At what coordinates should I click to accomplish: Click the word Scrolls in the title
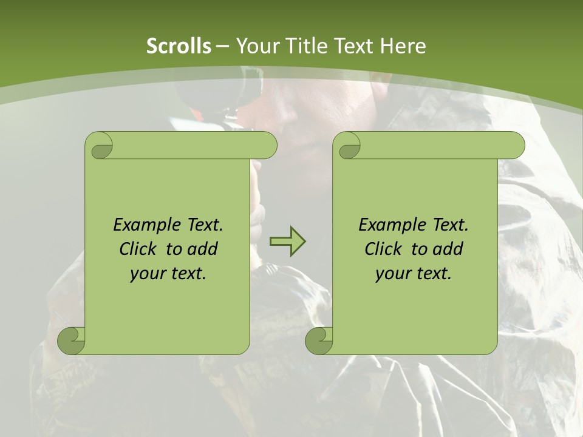pos(179,46)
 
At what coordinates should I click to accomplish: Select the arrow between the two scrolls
pos(287,242)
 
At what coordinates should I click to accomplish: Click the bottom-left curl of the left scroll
pos(71,340)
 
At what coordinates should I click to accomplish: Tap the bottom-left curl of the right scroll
pos(319,340)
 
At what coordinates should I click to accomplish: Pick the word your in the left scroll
pos(146,274)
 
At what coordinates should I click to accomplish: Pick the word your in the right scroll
pos(392,274)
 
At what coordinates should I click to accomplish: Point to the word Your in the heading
pos(254,46)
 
